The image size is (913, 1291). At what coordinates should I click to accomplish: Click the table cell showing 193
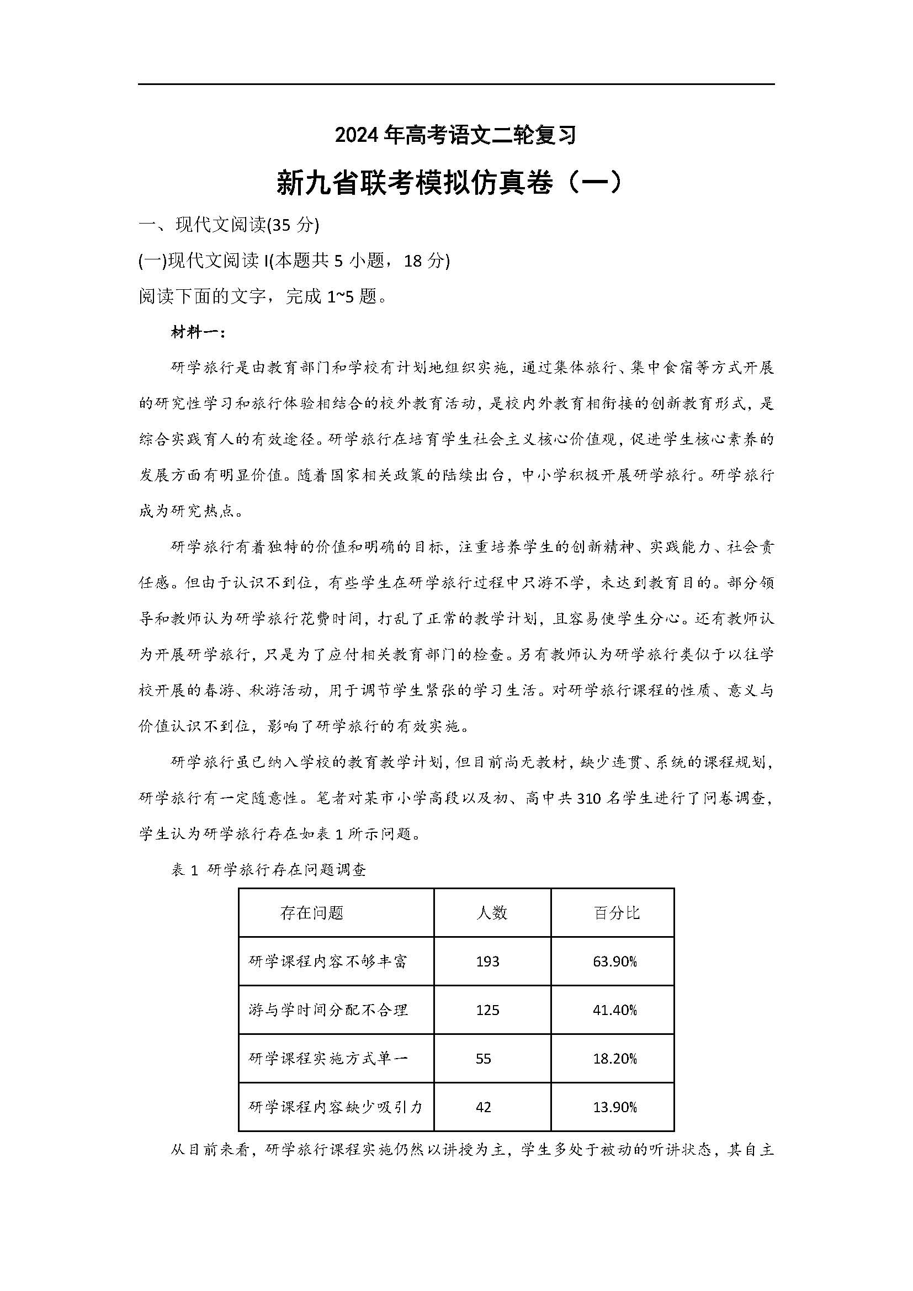click(x=487, y=961)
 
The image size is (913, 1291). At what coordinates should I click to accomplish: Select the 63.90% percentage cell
click(x=614, y=961)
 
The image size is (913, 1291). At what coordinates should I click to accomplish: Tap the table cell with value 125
click(x=487, y=1011)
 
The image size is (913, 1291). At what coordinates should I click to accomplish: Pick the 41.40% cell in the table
click(x=614, y=1011)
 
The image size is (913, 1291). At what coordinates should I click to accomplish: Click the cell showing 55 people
click(x=483, y=1059)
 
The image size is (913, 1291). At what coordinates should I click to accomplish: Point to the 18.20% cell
click(x=614, y=1059)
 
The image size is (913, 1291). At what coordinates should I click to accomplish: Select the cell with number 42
click(x=483, y=1107)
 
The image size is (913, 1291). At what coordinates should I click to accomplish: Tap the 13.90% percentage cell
click(x=614, y=1107)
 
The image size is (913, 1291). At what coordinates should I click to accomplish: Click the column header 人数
click(x=491, y=912)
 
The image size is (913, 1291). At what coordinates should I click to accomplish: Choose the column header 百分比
click(x=617, y=912)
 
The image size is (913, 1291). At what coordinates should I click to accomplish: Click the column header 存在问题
click(x=311, y=912)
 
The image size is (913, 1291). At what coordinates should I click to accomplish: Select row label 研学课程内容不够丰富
click(x=328, y=961)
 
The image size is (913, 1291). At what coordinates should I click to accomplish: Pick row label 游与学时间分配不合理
click(x=328, y=1011)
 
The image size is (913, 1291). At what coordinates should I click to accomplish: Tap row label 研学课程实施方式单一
click(x=328, y=1059)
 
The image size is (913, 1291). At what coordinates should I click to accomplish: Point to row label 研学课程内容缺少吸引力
click(x=335, y=1107)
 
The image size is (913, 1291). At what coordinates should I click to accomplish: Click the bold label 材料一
click(x=198, y=332)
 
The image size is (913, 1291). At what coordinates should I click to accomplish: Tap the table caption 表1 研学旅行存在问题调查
click(x=269, y=870)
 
